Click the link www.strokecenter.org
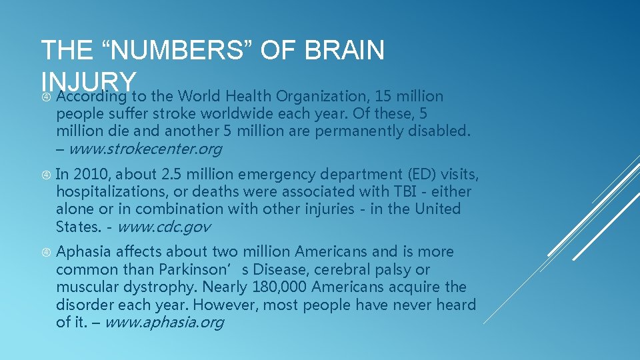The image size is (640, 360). (145, 149)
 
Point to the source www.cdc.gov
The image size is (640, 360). (163, 227)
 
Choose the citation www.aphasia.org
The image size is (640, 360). (164, 323)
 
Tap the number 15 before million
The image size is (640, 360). (383, 96)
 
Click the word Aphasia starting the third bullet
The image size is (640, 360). (83, 252)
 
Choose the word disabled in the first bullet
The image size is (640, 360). (441, 131)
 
